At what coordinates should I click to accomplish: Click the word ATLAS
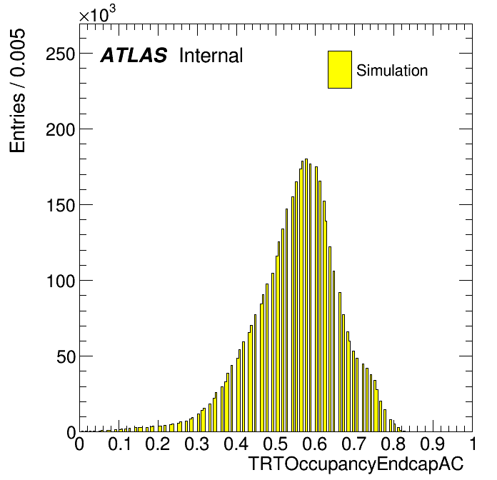(134, 55)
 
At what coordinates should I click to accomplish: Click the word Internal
(211, 55)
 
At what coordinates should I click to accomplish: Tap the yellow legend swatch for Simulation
(340, 69)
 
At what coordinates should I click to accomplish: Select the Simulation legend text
(392, 70)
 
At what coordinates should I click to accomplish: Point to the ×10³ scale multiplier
(97, 14)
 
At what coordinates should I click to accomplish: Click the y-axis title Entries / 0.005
(17, 91)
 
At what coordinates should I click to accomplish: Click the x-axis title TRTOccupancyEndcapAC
(356, 464)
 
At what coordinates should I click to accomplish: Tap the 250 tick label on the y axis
(60, 54)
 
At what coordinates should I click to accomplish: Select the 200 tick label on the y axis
(60, 129)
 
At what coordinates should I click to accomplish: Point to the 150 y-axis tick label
(61, 205)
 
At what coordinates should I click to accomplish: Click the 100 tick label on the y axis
(61, 281)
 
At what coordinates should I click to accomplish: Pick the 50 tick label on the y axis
(66, 356)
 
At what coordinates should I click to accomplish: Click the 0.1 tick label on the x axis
(119, 444)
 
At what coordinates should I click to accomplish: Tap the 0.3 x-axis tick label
(197, 444)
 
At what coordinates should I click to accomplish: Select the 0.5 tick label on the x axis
(276, 444)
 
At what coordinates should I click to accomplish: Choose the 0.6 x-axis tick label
(315, 444)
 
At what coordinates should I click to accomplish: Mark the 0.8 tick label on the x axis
(393, 444)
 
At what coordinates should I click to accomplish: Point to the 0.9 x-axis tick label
(433, 444)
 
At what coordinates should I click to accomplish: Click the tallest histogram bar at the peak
(306, 295)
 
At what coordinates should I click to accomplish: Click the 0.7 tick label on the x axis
(354, 444)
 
